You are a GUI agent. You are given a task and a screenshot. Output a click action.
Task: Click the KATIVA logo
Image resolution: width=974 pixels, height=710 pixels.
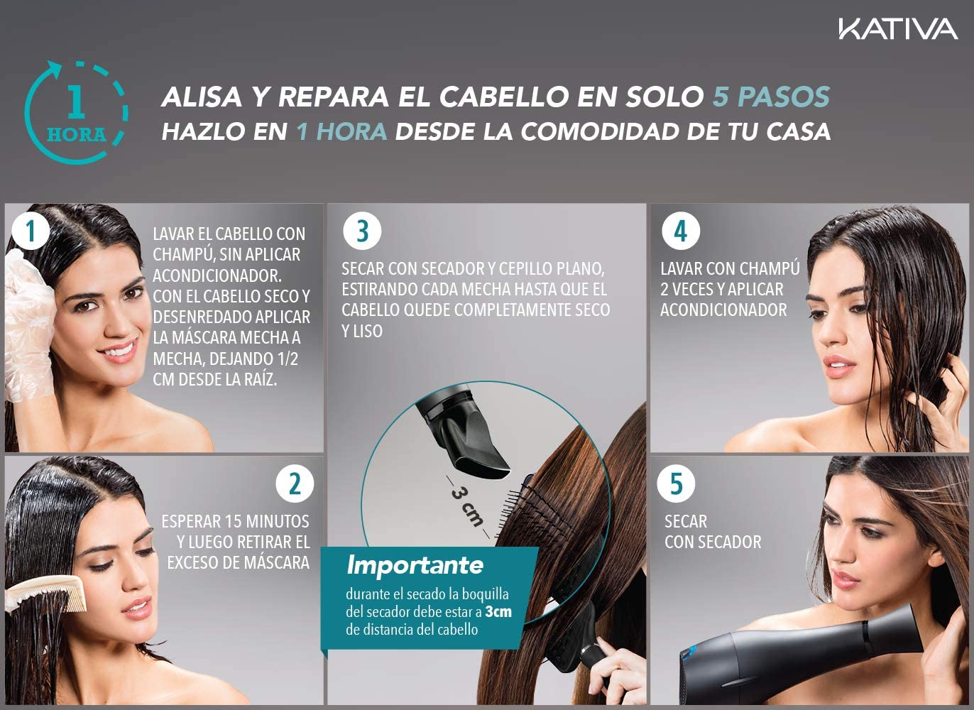(x=898, y=28)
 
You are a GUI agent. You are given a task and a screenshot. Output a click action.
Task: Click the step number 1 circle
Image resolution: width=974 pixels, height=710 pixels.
(x=31, y=231)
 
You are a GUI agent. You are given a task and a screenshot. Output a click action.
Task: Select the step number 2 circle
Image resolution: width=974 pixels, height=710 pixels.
(x=295, y=484)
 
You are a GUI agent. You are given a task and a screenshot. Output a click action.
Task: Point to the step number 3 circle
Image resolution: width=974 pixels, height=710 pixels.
(x=362, y=231)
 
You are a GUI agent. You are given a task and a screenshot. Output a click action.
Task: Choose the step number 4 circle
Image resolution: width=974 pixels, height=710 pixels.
(x=681, y=231)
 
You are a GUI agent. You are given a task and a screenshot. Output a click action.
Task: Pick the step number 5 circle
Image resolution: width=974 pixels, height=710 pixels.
(x=676, y=484)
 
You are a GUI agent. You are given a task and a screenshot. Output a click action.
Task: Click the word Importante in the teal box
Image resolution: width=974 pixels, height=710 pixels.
(x=415, y=564)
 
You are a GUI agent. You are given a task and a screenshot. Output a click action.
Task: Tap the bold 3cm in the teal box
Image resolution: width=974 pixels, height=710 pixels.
(x=498, y=612)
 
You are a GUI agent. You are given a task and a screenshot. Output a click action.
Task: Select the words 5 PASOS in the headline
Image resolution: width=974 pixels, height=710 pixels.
(x=771, y=97)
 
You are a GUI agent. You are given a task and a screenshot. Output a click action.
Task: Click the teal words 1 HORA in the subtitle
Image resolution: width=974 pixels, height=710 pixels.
(x=341, y=131)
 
